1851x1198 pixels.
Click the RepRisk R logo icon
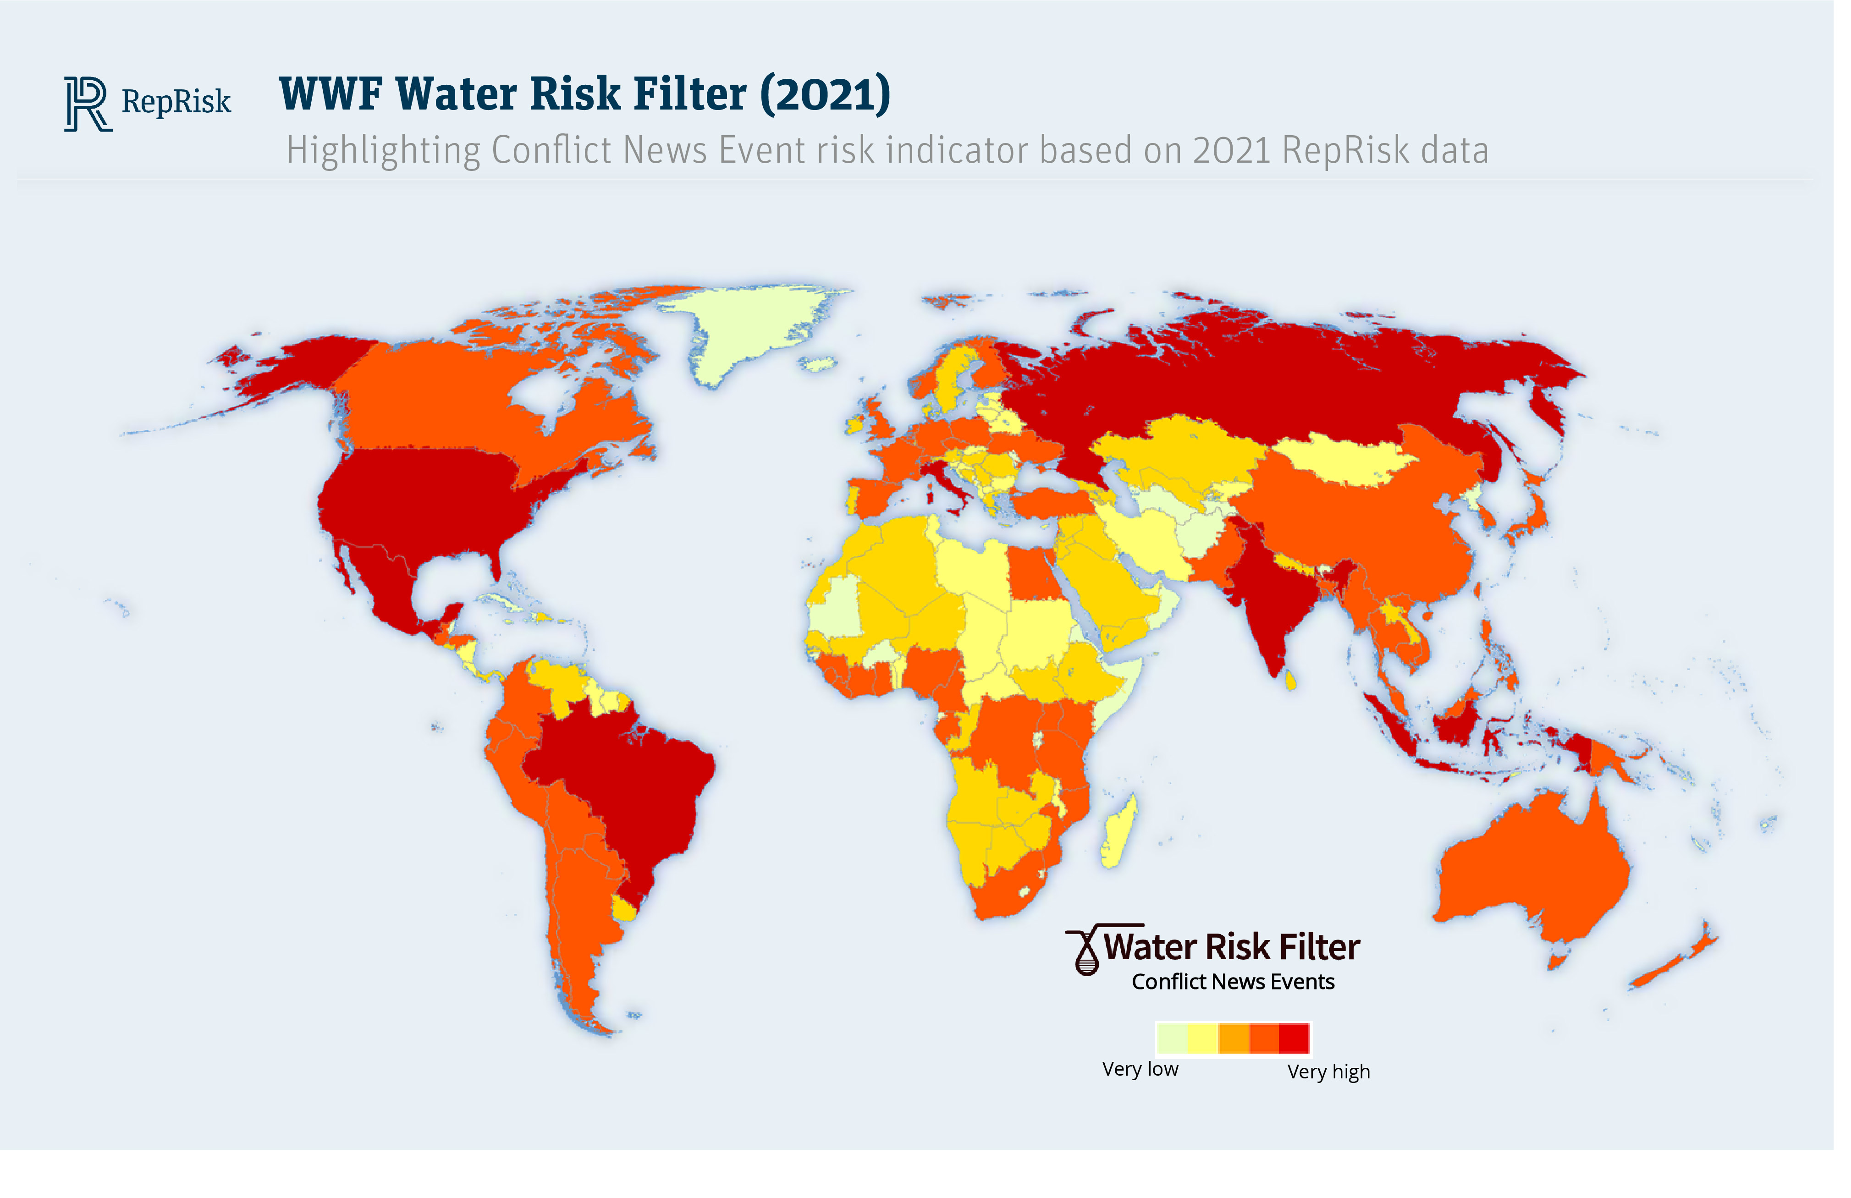(x=87, y=104)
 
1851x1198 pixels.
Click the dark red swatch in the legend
(x=1294, y=1038)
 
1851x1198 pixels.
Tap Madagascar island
(x=1120, y=832)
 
